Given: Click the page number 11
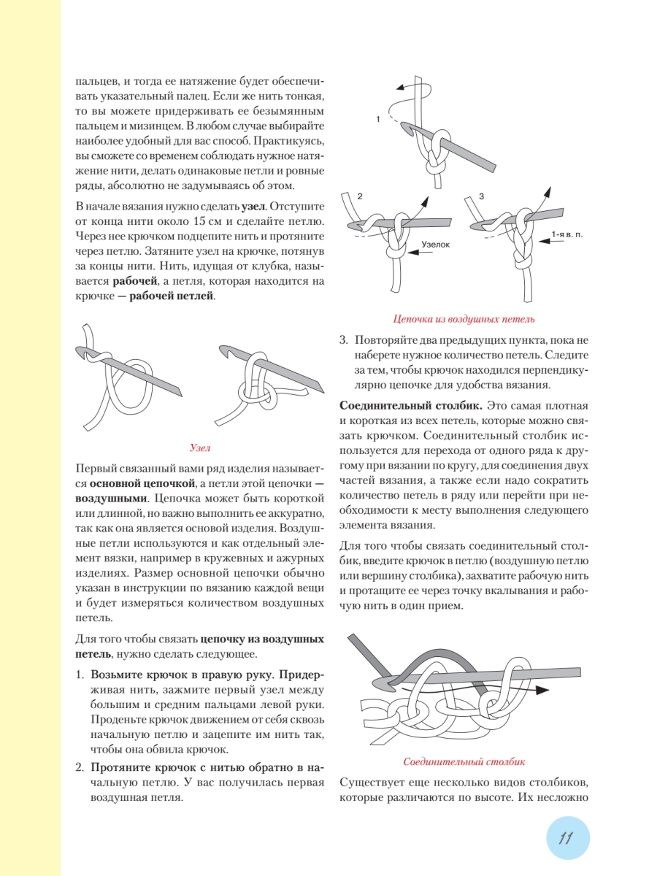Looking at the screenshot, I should click(564, 838).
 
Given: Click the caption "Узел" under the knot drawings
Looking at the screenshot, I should click(200, 447).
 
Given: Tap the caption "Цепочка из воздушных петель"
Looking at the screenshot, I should click(464, 318).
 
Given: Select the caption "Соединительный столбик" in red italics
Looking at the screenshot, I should click(464, 762).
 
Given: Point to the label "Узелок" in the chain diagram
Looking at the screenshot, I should click(436, 247).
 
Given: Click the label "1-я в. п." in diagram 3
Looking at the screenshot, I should click(567, 234).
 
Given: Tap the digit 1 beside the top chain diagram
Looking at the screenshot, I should click(378, 118).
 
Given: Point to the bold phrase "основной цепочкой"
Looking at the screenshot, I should click(142, 483).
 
